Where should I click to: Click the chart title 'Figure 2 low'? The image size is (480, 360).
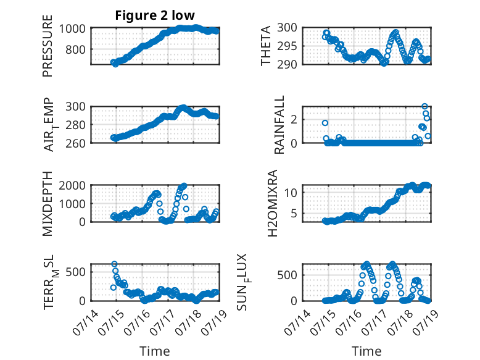click(x=155, y=15)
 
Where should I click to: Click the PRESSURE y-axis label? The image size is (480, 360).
click(x=48, y=46)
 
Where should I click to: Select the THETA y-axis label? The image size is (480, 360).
click(x=266, y=46)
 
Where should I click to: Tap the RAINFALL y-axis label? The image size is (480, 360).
click(x=279, y=125)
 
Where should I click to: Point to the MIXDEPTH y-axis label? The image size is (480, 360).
click(x=48, y=203)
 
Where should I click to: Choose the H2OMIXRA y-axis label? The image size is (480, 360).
click(x=272, y=203)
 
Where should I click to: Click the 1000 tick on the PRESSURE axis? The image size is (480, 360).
click(x=72, y=28)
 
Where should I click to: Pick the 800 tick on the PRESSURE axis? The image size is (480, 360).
click(x=75, y=49)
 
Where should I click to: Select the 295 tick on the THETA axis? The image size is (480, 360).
click(x=287, y=46)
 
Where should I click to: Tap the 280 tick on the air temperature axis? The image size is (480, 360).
click(x=75, y=125)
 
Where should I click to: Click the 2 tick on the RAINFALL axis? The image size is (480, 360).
click(x=294, y=119)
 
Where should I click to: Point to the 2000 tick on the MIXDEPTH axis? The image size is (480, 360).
click(x=72, y=185)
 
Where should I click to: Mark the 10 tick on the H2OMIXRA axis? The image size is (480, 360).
click(x=291, y=193)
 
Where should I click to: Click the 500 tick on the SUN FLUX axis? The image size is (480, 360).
click(x=287, y=275)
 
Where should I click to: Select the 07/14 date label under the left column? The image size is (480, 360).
click(x=86, y=322)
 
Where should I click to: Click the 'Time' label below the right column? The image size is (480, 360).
click(x=366, y=351)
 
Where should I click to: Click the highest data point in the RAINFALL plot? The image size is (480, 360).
click(x=424, y=106)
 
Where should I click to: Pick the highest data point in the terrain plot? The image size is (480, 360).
click(x=114, y=264)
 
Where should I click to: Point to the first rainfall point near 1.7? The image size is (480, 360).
click(x=325, y=123)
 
